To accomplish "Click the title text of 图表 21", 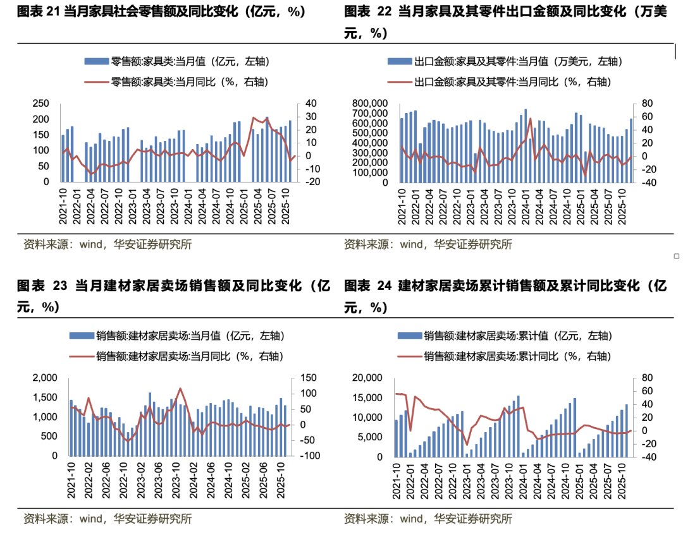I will click(161, 11).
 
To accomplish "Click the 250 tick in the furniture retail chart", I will click(40, 104).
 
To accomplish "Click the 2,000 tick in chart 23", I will click(44, 378).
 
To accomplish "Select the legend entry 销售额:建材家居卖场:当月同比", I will click(189, 356).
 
